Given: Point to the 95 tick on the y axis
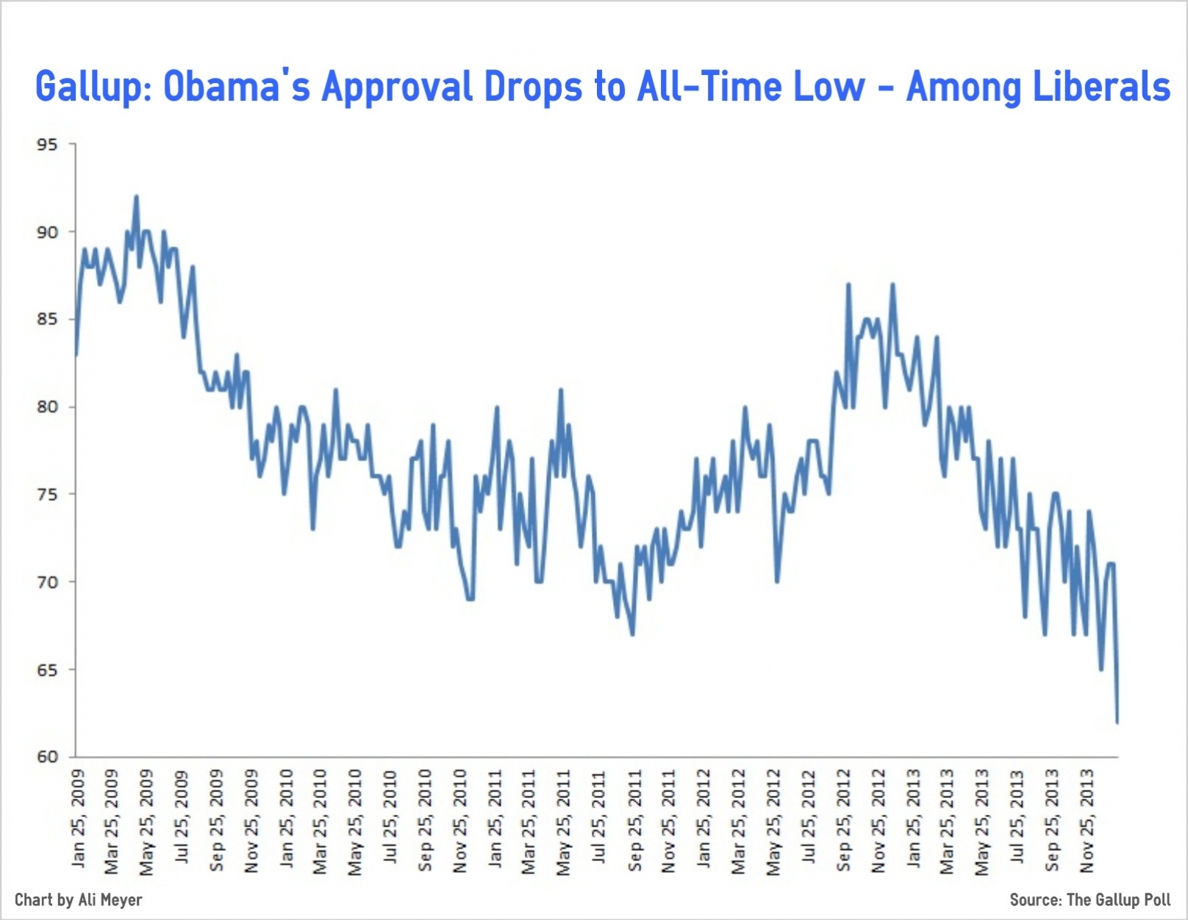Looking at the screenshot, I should tap(47, 145).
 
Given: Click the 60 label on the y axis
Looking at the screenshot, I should tap(47, 757).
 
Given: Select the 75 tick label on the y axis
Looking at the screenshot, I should tap(47, 495).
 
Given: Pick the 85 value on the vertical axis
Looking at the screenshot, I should tap(47, 320).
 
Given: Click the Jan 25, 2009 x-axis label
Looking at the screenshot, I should tap(79, 818).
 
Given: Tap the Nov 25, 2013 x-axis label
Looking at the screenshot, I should tap(1087, 820).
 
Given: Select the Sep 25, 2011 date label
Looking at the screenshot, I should tap(634, 820).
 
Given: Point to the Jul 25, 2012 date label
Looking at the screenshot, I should tap(809, 817).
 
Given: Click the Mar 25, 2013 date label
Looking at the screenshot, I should tap(948, 820).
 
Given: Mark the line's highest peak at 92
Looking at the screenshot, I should tap(136, 197).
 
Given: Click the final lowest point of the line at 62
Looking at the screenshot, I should tap(1117, 722).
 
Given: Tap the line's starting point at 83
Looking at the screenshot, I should tap(76, 355).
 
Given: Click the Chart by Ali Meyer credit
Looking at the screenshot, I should tap(79, 899).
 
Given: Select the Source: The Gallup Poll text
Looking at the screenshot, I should tap(1089, 899).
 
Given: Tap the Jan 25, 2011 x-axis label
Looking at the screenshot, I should tap(495, 818).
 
